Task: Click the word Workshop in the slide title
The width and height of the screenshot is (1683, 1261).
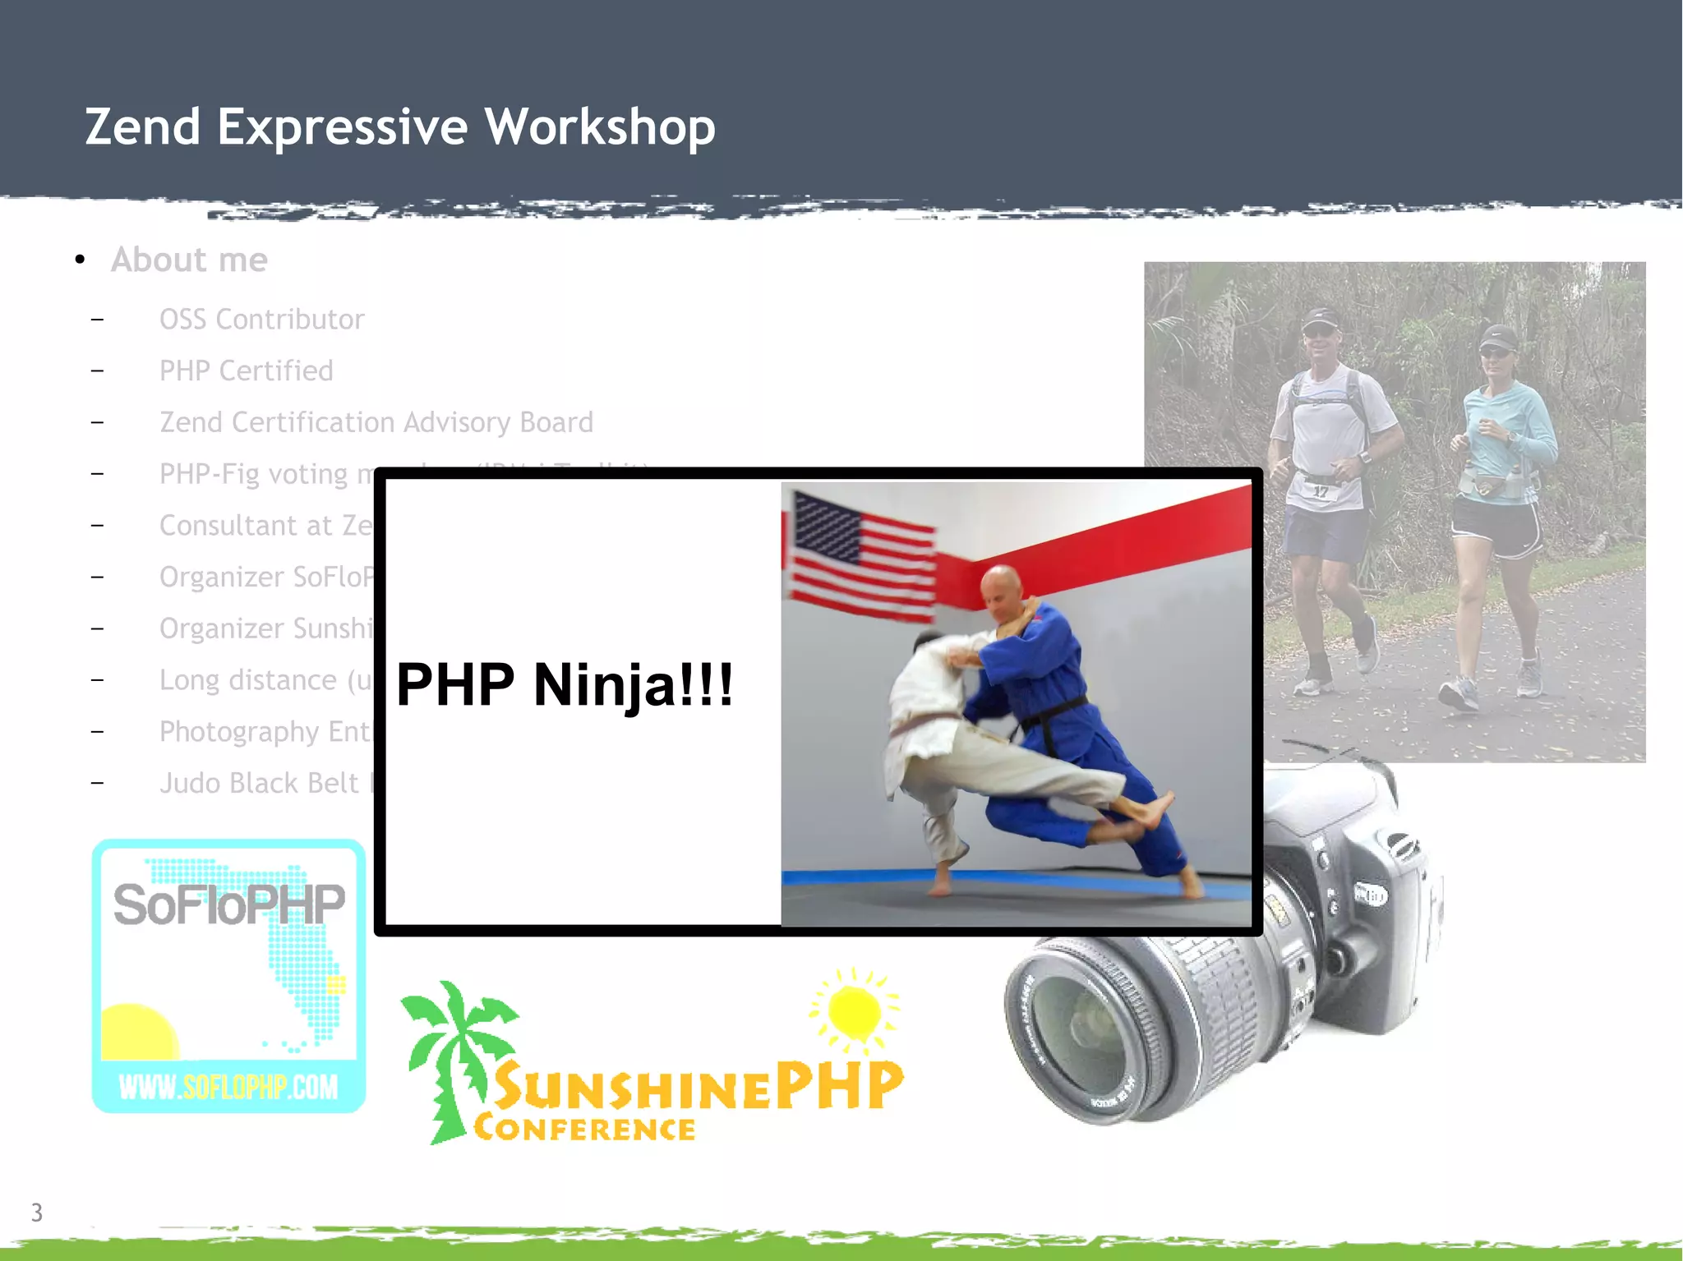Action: [599, 127]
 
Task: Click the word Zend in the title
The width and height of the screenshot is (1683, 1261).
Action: [143, 127]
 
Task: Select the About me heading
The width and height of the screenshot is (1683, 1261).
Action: [189, 260]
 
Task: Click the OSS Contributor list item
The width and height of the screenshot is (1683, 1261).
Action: [261, 319]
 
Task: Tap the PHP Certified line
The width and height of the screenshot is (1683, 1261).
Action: [246, 370]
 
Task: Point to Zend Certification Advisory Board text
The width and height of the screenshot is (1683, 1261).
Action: [376, 422]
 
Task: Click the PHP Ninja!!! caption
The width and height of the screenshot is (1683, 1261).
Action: [565, 684]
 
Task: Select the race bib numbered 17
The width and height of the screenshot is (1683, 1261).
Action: [1320, 491]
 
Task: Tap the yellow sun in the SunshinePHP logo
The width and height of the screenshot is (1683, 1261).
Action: [855, 1010]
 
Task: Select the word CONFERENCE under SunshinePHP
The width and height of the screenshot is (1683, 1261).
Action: [584, 1129]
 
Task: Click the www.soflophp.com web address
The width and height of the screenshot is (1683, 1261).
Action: [228, 1087]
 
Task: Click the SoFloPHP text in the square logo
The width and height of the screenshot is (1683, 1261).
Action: [228, 904]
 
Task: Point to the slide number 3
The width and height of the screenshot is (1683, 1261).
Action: [36, 1213]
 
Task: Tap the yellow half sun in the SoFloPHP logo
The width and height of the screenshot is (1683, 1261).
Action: [138, 1033]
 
